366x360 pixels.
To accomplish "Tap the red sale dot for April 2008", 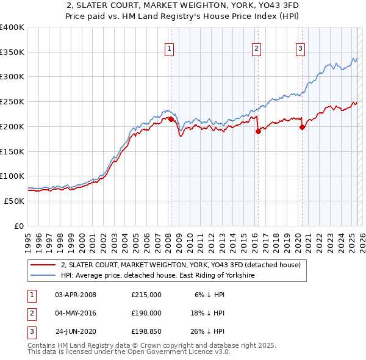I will click(x=171, y=119).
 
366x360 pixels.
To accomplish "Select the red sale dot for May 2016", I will click(x=258, y=131).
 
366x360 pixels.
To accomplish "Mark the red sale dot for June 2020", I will click(x=303, y=127).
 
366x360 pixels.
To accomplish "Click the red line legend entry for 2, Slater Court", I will click(x=181, y=265).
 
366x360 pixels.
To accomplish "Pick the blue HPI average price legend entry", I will click(x=157, y=276).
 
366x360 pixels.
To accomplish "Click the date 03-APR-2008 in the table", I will click(x=76, y=294).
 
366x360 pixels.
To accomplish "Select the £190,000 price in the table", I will click(x=146, y=313).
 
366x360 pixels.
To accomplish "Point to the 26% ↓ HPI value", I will click(x=207, y=332).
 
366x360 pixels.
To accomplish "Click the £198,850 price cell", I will click(x=146, y=332).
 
